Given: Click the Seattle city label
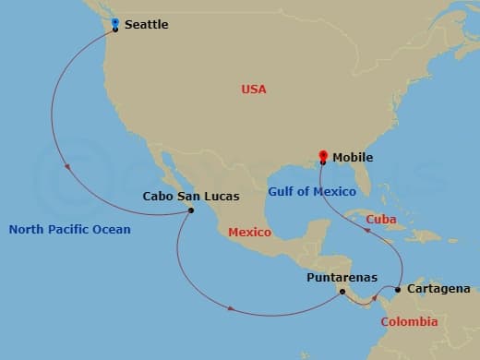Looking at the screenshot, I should [x=146, y=25].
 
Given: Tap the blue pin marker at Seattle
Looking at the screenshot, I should [x=114, y=23].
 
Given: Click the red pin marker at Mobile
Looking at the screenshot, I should [x=322, y=156].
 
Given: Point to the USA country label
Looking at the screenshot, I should [x=254, y=90].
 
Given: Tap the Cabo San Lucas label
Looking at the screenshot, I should [x=191, y=197].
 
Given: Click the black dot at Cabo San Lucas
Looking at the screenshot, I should [x=190, y=210].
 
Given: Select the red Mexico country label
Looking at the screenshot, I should [x=249, y=233].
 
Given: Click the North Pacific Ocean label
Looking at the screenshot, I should [x=70, y=229].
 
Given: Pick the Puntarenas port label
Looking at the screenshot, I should [x=342, y=276].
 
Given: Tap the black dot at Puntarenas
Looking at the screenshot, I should [x=342, y=293].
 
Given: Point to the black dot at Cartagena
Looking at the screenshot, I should [x=398, y=290].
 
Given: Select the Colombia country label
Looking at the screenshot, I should [x=409, y=322].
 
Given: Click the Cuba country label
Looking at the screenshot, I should [x=381, y=220].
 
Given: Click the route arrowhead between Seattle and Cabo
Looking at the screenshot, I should [x=67, y=167].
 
